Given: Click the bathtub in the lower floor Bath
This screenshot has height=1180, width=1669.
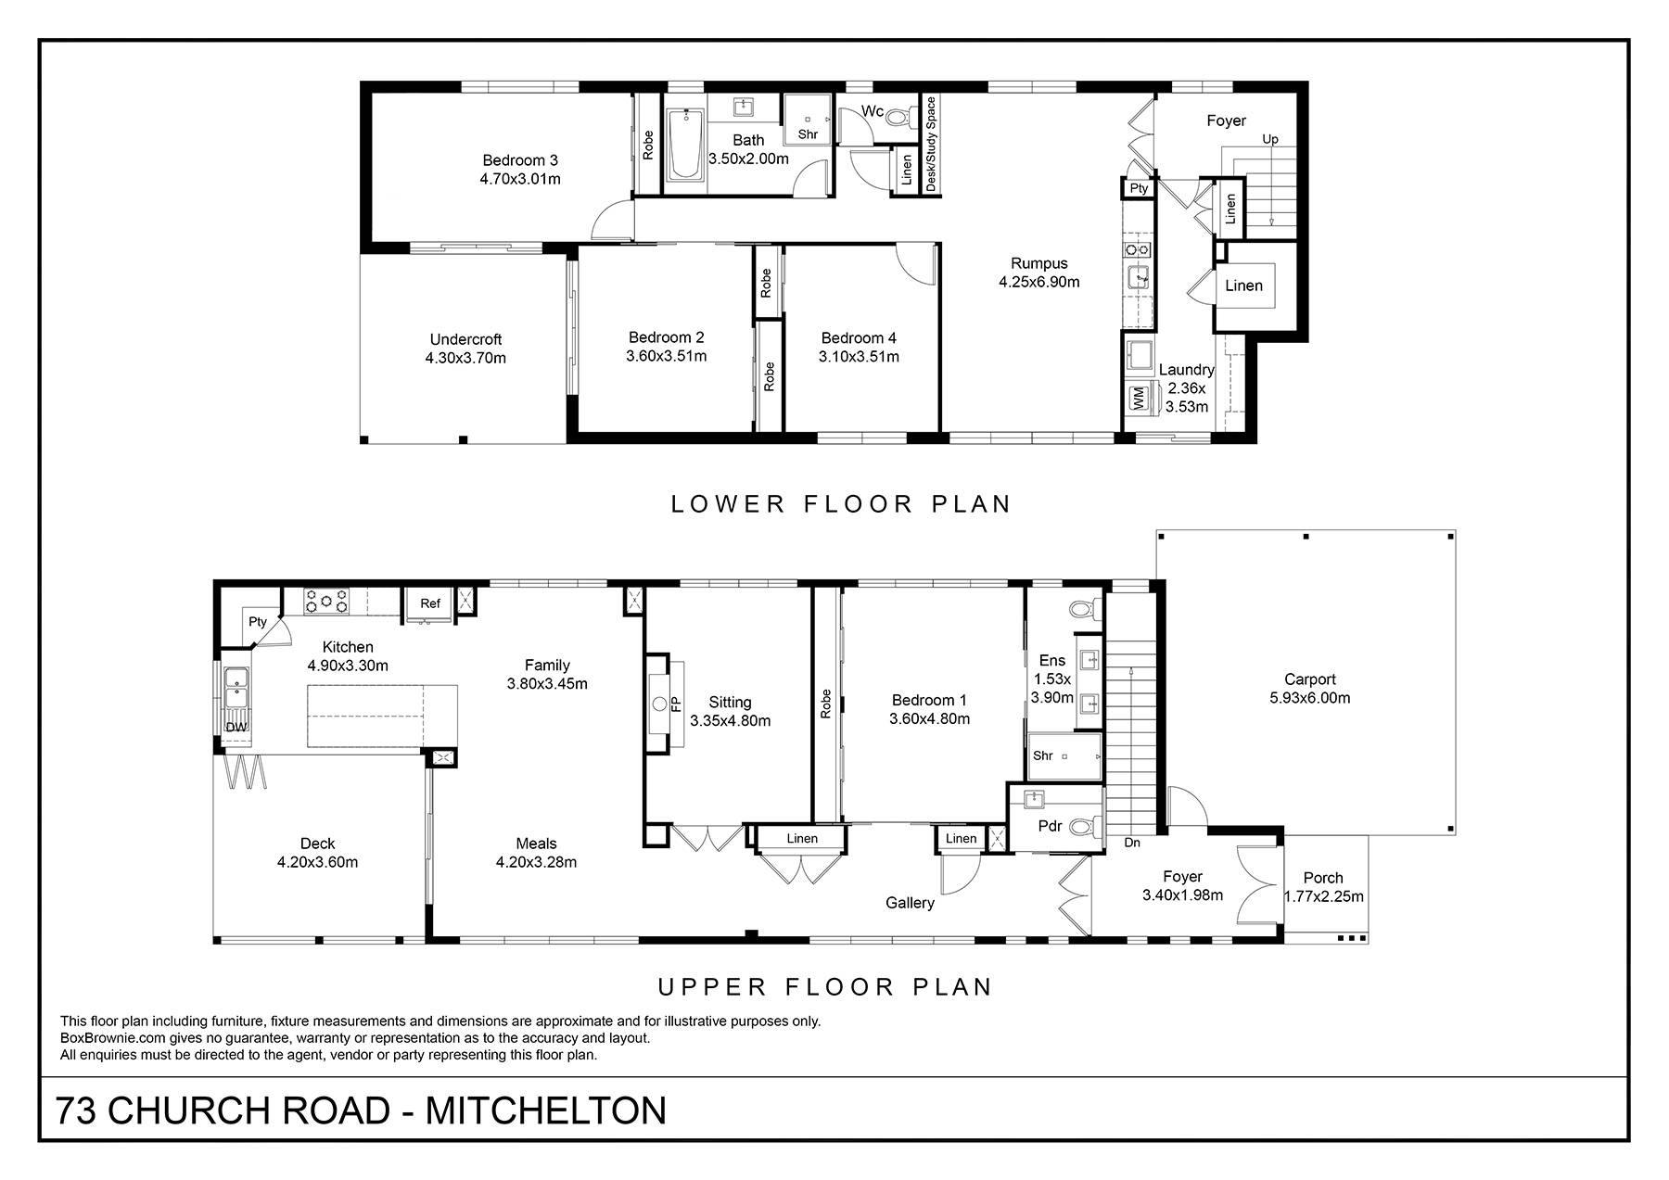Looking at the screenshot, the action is pos(686,143).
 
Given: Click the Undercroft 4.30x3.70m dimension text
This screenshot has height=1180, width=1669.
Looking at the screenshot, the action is pos(465,358).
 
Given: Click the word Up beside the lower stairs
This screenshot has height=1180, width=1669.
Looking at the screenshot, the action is pos(1270,139).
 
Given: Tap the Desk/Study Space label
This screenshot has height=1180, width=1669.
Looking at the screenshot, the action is pos(931,145).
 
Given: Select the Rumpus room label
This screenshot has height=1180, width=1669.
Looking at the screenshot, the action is pos(1039,263).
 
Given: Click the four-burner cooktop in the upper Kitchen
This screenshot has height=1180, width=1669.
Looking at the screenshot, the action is pos(327,601).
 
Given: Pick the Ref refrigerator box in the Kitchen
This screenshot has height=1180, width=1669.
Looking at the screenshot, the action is pos(430,603).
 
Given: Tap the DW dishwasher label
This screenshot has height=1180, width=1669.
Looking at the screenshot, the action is pos(236,728).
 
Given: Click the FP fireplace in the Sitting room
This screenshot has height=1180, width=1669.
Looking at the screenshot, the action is pos(664,703).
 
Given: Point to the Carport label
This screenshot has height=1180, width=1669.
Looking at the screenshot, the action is pos(1309,679).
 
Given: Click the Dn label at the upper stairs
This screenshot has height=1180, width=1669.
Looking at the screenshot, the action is pos(1132,843).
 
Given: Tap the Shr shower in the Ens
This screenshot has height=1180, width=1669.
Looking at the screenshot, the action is pos(1065,756).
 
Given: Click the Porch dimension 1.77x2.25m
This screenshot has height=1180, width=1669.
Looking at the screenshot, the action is pos(1323,896).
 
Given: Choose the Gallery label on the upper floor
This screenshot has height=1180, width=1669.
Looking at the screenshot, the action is pos(910,903).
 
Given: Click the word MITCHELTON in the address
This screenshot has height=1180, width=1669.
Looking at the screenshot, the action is pos(545,1110).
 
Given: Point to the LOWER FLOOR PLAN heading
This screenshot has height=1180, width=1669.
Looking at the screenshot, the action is pos(841,504).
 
